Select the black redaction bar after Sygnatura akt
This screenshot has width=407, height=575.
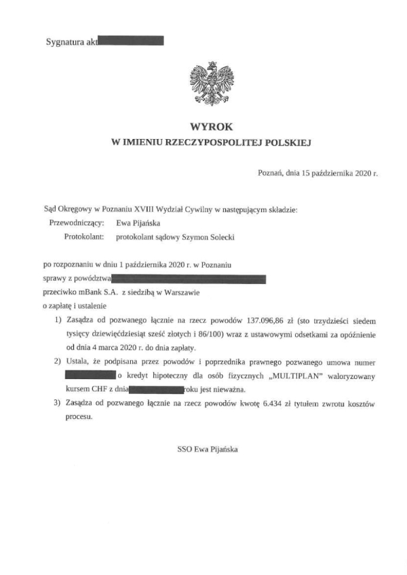[131, 41]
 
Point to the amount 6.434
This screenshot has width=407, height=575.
[269, 403]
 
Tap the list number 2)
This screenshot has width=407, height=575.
[58, 361]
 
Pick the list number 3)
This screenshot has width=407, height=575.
[58, 403]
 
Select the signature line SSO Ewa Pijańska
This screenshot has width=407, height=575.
[208, 448]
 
